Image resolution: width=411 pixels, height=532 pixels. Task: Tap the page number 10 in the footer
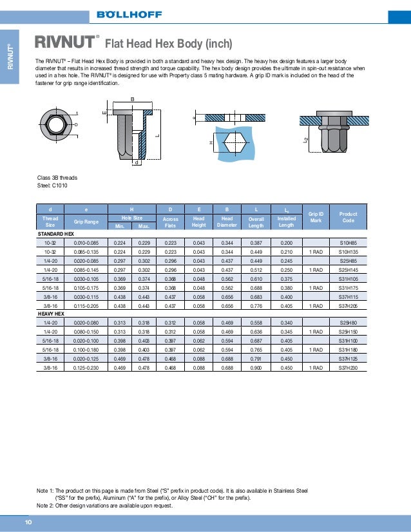pyautogui.click(x=28, y=521)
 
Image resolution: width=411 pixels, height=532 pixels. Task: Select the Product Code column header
pyautogui.click(x=348, y=217)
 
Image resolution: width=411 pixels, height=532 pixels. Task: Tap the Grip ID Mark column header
pyautogui.click(x=315, y=217)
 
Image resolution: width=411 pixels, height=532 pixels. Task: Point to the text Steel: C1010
pyautogui.click(x=52, y=185)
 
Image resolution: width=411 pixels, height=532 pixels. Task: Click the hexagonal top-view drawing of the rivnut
pyautogui.click(x=57, y=123)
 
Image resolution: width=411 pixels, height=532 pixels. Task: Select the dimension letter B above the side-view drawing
pyautogui.click(x=133, y=99)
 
